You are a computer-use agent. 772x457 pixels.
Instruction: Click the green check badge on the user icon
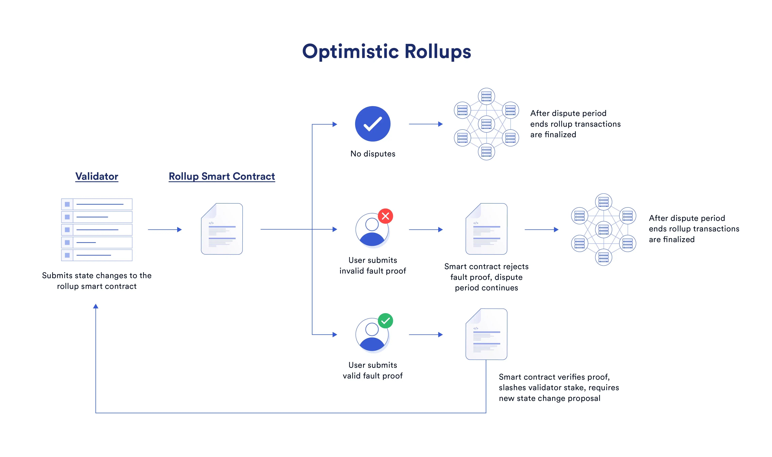click(x=385, y=321)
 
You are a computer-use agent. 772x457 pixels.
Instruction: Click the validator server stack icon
click(x=97, y=230)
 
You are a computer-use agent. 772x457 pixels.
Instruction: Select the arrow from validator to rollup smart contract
click(x=165, y=229)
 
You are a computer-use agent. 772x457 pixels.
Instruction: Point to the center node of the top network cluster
click(x=486, y=124)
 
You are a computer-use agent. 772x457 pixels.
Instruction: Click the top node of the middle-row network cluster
click(x=603, y=202)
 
